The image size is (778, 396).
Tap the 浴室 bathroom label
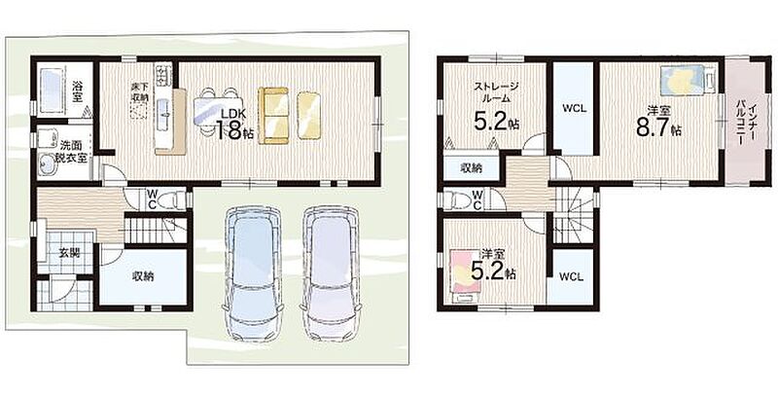[x=77, y=90]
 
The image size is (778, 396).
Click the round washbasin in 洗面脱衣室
[x=48, y=163]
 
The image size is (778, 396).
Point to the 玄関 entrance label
[x=69, y=252]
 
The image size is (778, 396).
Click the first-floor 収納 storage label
[x=142, y=277]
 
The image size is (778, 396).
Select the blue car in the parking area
[x=253, y=274]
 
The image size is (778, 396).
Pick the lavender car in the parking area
[x=332, y=273]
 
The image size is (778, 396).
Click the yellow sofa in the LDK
[x=273, y=116]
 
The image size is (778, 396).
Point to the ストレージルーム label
[x=496, y=92]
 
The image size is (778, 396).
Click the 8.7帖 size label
[x=658, y=127]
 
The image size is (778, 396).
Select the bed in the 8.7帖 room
[x=689, y=79]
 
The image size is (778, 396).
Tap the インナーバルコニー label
[x=745, y=123]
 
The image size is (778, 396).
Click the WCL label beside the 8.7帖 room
[x=575, y=109]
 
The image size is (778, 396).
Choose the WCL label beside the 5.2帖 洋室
[x=571, y=277]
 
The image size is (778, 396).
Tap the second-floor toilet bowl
[x=456, y=199]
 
